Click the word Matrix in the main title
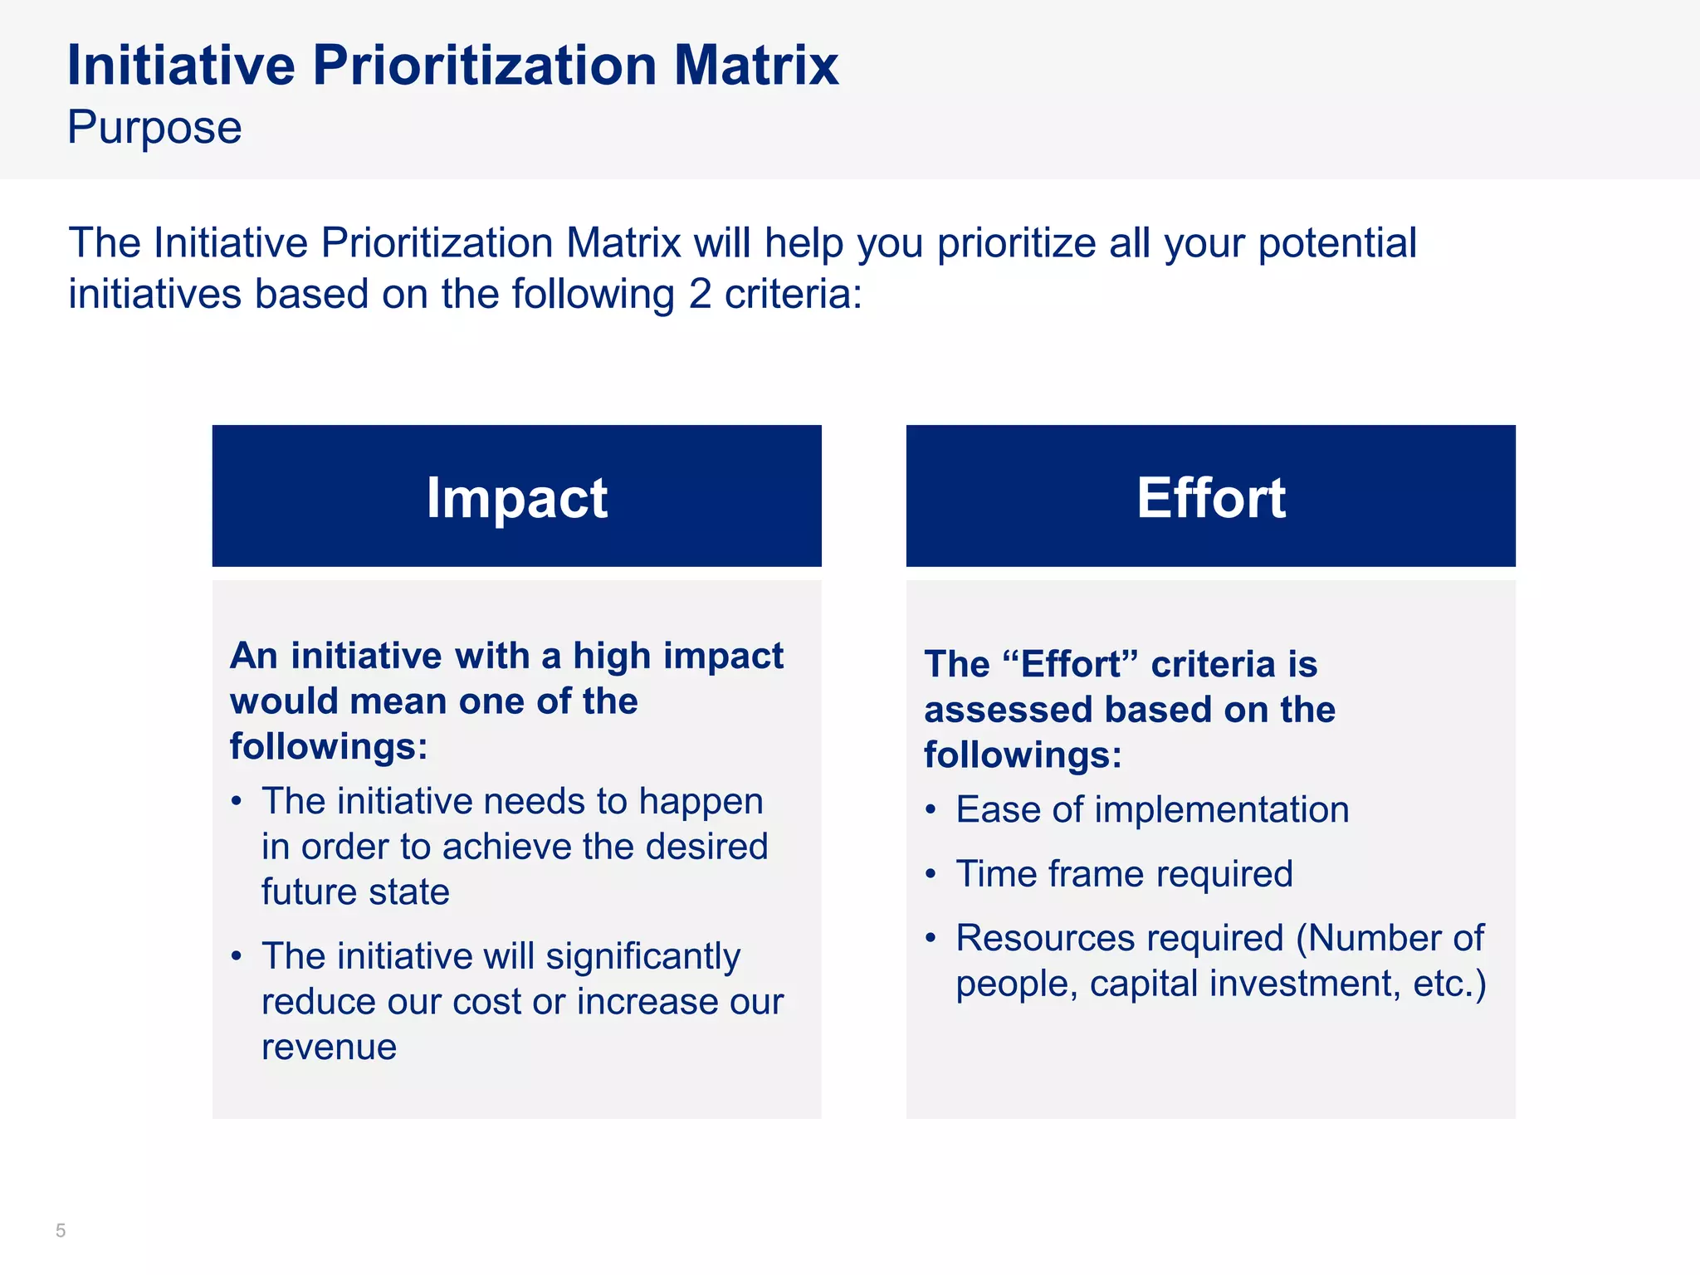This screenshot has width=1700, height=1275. tap(755, 65)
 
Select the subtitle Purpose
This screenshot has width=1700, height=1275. tap(154, 128)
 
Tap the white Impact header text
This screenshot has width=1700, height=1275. tap(516, 498)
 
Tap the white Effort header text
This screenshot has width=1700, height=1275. tap(1210, 498)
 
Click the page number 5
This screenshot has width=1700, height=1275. tap(61, 1230)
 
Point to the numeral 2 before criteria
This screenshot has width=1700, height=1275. tap(700, 294)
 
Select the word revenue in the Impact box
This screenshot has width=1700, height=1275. tap(329, 1047)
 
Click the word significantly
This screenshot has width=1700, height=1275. tap(642, 956)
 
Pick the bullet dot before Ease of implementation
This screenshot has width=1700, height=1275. tap(931, 810)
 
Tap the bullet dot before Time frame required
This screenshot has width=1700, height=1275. tap(931, 874)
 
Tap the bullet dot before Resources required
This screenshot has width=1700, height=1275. tap(931, 939)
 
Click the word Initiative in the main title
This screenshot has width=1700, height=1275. tap(181, 65)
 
